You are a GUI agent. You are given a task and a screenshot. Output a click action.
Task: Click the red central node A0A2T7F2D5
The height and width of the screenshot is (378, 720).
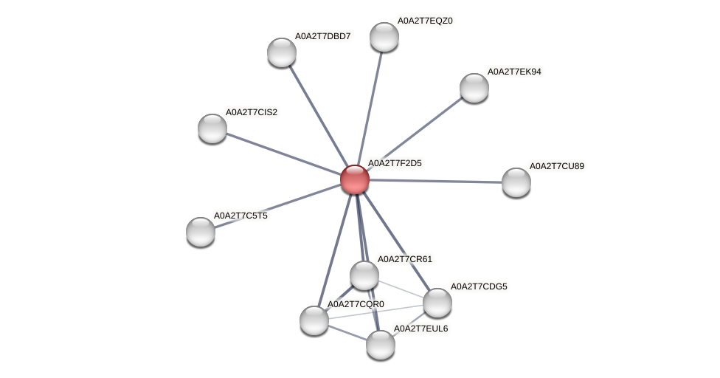355,179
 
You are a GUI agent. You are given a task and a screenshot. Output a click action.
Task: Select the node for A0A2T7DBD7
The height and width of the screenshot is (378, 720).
282,52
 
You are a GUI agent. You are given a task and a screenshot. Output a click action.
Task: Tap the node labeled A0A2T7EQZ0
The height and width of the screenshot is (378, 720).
384,37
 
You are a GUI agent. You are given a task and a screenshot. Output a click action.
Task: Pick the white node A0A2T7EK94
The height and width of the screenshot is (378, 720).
474,88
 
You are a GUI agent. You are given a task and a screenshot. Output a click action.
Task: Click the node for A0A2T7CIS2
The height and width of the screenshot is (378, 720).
212,128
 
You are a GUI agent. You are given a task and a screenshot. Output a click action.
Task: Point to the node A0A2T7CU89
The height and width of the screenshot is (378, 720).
516,182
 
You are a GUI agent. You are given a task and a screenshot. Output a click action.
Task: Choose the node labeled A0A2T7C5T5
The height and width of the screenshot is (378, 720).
201,232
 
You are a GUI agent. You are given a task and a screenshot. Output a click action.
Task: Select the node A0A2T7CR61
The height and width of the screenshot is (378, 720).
364,275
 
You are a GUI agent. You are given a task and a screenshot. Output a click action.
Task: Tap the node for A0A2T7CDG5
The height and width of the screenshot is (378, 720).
437,302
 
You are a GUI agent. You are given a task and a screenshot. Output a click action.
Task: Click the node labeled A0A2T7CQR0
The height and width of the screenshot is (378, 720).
314,320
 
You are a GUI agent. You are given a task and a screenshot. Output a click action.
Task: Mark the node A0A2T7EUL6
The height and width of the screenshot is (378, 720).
381,345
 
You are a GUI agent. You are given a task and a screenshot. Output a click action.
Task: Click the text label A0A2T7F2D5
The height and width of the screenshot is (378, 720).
395,163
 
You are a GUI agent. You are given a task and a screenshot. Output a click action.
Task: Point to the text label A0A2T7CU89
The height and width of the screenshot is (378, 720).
557,166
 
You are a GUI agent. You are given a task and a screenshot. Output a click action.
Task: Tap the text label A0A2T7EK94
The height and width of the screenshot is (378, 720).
514,72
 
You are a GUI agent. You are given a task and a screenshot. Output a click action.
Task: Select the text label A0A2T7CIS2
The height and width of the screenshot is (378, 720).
252,112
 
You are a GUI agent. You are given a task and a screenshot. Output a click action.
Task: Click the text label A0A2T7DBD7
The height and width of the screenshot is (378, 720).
322,35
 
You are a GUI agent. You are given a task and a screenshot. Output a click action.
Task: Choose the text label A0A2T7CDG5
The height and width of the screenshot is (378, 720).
479,286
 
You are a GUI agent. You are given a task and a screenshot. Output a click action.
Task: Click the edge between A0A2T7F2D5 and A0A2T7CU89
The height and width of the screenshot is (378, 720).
435,181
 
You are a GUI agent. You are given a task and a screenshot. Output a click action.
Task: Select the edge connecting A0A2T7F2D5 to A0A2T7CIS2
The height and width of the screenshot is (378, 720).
283,154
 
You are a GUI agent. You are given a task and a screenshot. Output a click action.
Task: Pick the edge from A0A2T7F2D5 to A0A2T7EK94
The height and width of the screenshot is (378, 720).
415,134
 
